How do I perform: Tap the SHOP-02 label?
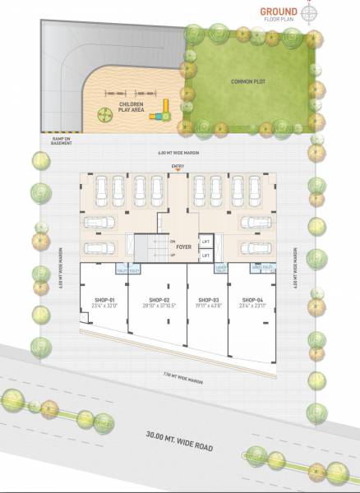pyautogui.click(x=159, y=299)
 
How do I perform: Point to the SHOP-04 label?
pyautogui.click(x=252, y=299)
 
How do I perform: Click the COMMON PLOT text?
pyautogui.click(x=246, y=81)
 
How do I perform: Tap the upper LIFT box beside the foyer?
pyautogui.click(x=206, y=242)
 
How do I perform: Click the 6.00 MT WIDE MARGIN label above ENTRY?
pyautogui.click(x=178, y=154)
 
